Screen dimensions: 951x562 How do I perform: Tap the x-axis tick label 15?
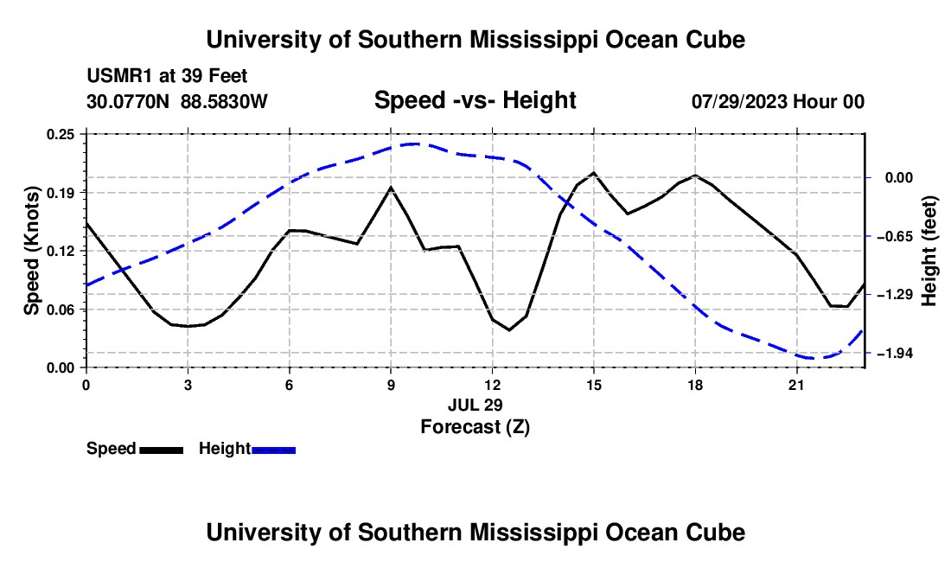point(594,385)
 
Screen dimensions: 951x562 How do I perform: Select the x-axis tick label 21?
point(796,385)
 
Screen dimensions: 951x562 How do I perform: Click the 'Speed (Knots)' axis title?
point(31,251)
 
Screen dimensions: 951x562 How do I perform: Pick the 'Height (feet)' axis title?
point(929,251)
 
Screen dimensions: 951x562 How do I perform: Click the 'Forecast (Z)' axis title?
point(475,427)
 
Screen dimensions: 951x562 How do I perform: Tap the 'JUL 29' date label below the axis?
point(475,405)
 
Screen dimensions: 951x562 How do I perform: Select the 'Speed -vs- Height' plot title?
point(475,100)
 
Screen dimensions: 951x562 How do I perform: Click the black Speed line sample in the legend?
point(162,450)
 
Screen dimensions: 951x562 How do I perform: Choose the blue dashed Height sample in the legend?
point(273,450)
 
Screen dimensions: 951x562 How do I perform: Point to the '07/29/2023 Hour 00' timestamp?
point(778,101)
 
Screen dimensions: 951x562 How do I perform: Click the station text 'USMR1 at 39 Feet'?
point(168,76)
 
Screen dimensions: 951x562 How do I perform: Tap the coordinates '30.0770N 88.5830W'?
point(177,101)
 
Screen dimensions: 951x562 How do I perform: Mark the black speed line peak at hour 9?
point(391,188)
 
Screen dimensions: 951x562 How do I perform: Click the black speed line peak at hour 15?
point(594,173)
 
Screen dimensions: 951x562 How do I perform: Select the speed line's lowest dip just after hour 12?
point(509,329)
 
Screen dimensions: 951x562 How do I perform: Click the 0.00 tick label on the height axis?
point(899,177)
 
